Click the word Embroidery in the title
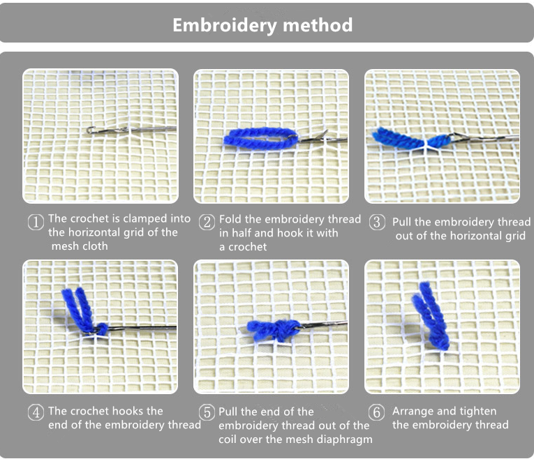point(225,26)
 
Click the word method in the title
point(318,25)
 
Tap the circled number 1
point(36,223)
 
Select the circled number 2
point(207,223)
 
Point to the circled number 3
point(378,223)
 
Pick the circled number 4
point(36,412)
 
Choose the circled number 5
point(207,412)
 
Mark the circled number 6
point(377,412)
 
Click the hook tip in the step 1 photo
point(89,130)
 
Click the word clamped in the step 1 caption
point(144,218)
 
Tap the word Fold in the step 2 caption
point(230,219)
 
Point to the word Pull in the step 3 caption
point(402,222)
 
